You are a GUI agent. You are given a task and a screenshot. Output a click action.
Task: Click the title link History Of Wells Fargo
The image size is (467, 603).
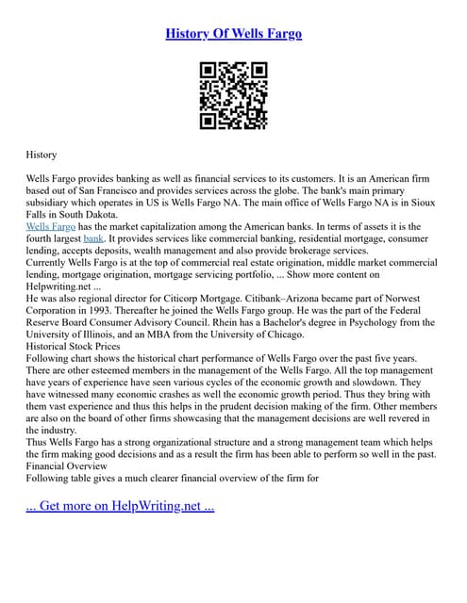[x=233, y=34]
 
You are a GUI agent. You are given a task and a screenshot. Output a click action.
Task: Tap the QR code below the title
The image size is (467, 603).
[x=233, y=95]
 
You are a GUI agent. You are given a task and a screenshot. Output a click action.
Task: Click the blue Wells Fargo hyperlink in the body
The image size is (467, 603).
[x=51, y=227]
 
